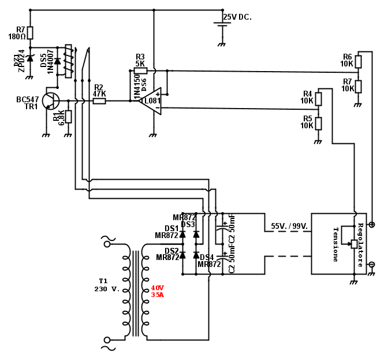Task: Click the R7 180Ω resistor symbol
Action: pos(31,32)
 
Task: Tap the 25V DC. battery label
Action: pos(237,17)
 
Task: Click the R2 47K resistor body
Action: pos(99,101)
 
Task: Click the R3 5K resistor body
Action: pos(140,70)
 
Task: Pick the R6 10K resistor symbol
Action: pos(358,61)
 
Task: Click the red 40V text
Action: pos(158,288)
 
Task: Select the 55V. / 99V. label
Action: pos(289,227)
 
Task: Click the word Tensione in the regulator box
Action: pos(335,244)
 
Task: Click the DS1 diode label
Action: pos(172,228)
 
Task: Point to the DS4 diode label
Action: pos(207,257)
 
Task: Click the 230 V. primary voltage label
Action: pos(107,289)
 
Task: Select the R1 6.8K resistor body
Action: pos(68,116)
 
